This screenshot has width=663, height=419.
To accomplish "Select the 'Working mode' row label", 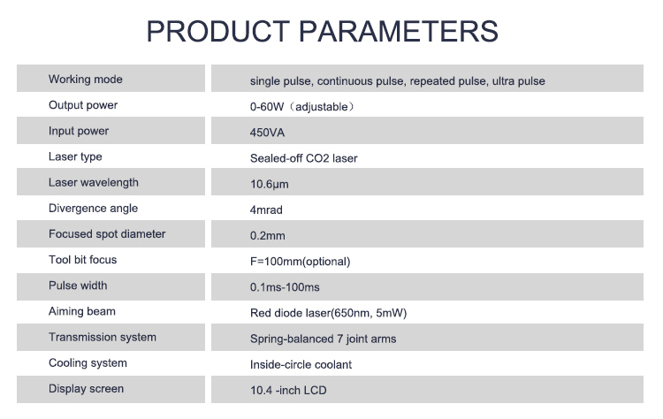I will (x=86, y=80).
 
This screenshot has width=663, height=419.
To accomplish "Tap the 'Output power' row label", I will (x=83, y=105).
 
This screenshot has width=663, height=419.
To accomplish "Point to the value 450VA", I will (x=268, y=133).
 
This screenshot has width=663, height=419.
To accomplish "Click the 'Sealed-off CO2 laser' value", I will (x=304, y=158).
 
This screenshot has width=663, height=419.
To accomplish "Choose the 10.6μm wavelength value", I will (x=270, y=184).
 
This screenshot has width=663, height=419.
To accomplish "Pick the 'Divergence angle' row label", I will (x=93, y=209).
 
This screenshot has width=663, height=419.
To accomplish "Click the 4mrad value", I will (x=266, y=210).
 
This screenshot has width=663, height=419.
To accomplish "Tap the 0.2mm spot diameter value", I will (x=268, y=236).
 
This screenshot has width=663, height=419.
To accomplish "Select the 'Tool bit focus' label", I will (x=82, y=260).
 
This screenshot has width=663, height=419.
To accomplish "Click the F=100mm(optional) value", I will (x=301, y=262).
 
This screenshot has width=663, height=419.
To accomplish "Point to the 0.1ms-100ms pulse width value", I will (x=286, y=287).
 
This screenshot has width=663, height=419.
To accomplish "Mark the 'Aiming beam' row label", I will (x=82, y=311).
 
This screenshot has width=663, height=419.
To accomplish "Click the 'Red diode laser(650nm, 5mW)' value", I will (x=329, y=313).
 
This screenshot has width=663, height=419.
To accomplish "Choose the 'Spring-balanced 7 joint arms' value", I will (x=324, y=339).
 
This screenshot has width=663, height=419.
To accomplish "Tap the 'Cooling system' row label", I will (x=88, y=362).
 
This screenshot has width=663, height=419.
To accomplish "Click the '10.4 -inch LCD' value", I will (x=288, y=390).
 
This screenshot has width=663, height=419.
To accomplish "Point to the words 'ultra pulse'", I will (x=518, y=81).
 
